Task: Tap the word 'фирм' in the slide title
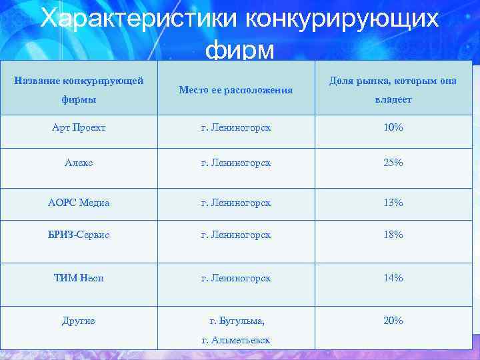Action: (x=240, y=49)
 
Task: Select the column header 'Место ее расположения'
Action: (x=236, y=89)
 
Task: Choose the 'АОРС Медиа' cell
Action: (x=79, y=203)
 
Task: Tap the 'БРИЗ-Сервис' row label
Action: (x=79, y=235)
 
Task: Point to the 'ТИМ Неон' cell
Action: (x=79, y=278)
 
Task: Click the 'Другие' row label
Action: (x=79, y=321)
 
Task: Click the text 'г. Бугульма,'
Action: (x=237, y=321)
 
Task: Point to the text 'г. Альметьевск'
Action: (x=236, y=340)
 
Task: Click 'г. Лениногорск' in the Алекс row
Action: (x=236, y=163)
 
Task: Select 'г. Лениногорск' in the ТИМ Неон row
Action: (x=236, y=278)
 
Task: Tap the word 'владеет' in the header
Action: (x=393, y=99)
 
